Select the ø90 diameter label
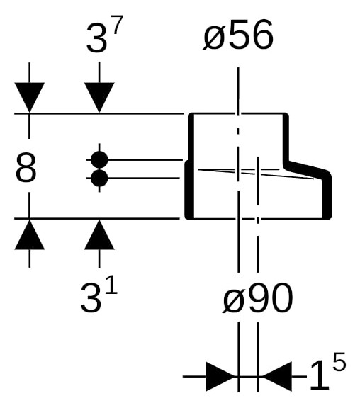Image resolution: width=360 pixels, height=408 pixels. (x=258, y=298)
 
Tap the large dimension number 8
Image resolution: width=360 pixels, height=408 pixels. (x=26, y=167)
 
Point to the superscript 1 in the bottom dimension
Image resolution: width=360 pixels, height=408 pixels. (x=112, y=285)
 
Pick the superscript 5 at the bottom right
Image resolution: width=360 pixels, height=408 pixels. (x=339, y=361)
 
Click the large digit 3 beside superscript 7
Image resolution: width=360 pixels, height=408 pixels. (x=96, y=38)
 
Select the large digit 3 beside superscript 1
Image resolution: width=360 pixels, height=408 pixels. (x=90, y=297)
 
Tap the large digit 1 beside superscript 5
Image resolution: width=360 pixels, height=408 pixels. (x=320, y=375)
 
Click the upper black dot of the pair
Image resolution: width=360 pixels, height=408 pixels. (x=99, y=159)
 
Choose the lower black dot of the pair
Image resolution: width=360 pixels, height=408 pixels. (x=99, y=178)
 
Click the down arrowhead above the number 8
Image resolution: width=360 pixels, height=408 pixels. (x=30, y=98)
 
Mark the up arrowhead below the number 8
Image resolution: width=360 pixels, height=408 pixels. (x=30, y=234)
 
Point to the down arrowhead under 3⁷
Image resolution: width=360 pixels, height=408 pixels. (x=99, y=98)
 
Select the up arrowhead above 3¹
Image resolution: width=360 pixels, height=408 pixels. (x=99, y=234)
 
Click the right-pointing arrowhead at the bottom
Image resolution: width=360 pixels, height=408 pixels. (x=220, y=376)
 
